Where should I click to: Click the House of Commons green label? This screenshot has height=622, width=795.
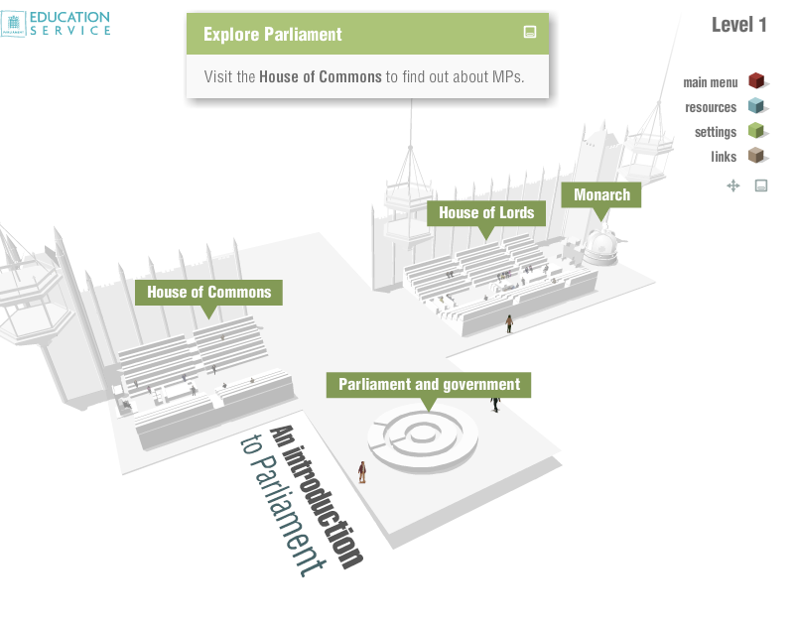(208, 293)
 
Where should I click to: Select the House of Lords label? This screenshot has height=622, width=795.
(486, 212)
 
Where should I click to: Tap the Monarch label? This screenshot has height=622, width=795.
(601, 194)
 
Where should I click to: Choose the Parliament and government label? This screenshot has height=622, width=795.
(429, 385)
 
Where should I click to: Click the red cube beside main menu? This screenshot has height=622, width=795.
(756, 81)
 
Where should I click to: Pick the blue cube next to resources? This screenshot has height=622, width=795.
(756, 106)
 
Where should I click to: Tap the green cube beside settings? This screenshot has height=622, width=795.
(756, 131)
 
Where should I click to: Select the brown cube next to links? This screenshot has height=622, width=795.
(756, 156)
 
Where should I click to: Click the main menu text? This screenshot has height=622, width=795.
(710, 82)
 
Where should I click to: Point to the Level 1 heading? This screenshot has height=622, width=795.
(738, 25)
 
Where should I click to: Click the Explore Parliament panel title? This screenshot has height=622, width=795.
(272, 35)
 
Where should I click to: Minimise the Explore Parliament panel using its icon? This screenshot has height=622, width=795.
(530, 32)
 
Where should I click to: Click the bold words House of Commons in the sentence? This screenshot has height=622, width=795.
(321, 76)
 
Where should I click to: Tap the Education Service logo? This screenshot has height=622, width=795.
(56, 23)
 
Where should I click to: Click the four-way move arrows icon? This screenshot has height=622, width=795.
(733, 186)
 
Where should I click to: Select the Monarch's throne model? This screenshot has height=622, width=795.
(601, 245)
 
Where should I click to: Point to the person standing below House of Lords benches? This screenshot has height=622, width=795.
(509, 323)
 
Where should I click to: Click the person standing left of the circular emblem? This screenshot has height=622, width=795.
(362, 472)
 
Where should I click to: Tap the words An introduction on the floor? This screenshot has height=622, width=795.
(318, 496)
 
